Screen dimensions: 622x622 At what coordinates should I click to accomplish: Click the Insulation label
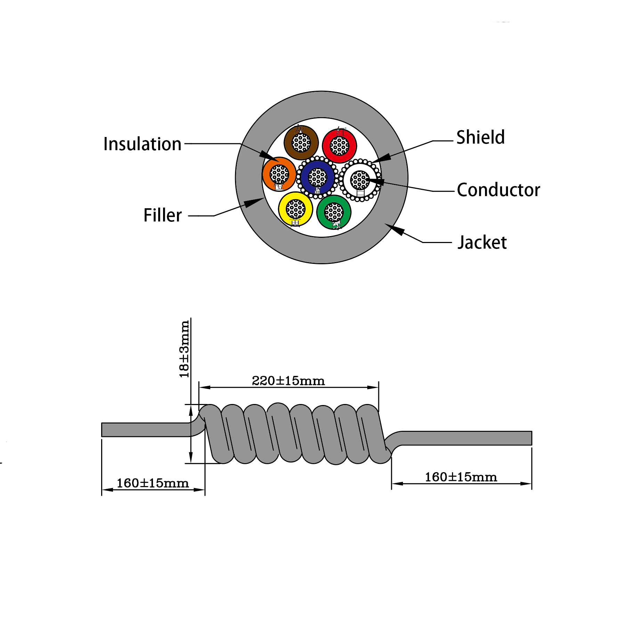142,144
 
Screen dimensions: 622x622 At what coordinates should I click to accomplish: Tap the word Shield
480,137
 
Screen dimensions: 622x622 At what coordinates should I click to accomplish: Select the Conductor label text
498,190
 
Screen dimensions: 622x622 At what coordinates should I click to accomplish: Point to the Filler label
162,216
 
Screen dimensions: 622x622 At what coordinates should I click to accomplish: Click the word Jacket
482,243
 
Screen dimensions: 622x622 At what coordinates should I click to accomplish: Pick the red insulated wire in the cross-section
339,146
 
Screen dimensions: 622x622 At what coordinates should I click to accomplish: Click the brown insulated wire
301,143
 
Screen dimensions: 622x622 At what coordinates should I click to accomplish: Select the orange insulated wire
279,174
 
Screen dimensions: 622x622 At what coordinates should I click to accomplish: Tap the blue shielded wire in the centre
317,177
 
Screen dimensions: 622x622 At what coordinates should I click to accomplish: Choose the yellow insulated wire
296,209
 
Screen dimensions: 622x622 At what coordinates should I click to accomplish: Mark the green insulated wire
334,212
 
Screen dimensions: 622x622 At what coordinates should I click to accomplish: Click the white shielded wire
360,180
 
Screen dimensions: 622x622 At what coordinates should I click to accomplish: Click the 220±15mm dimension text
288,381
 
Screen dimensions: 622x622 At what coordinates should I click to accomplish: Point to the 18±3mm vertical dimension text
184,349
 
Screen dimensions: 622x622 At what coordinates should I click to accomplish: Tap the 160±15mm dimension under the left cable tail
152,483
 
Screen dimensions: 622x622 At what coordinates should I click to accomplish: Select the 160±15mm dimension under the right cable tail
461,477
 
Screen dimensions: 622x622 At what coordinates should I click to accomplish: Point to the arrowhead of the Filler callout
253,202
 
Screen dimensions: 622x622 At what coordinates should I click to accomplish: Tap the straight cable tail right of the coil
466,438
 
